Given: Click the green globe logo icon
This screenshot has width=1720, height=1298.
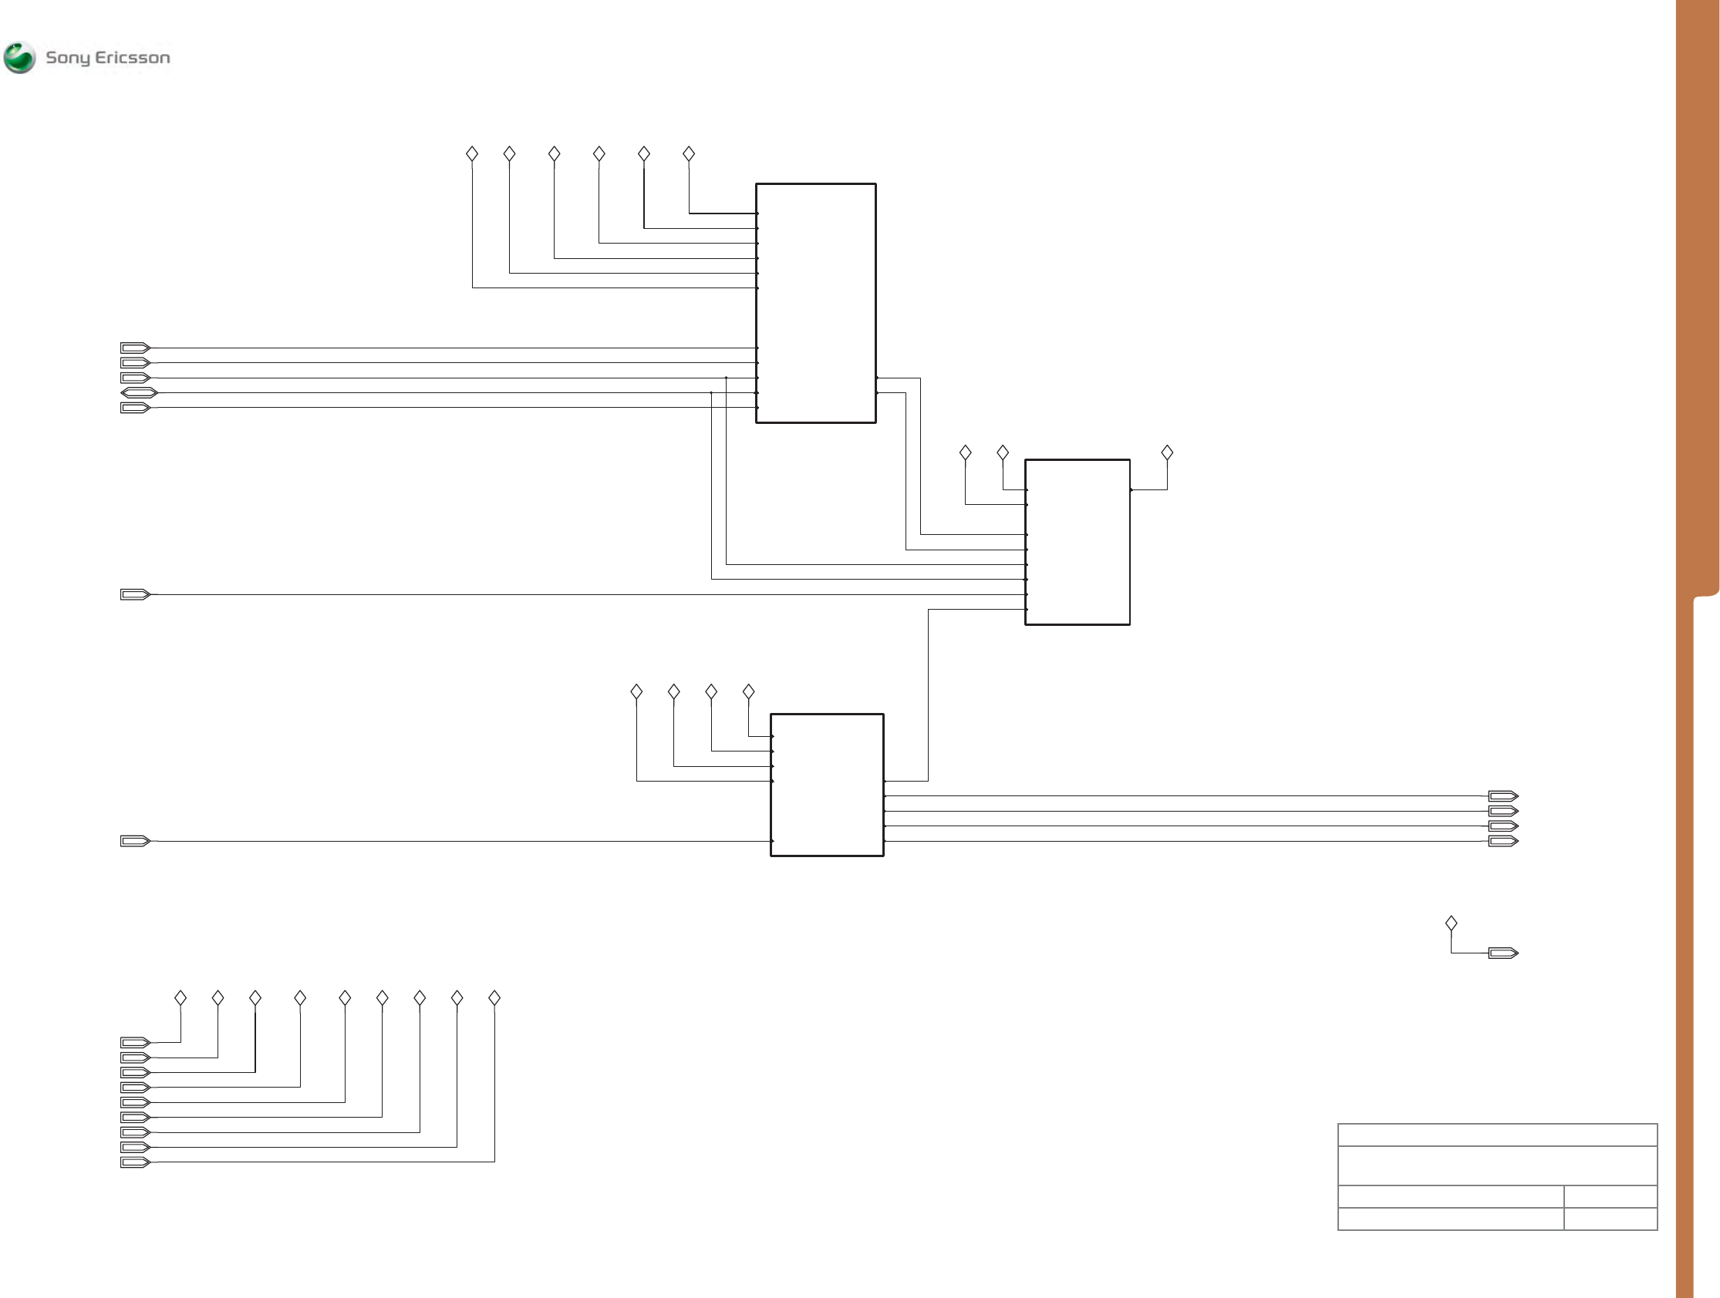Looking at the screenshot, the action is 19,58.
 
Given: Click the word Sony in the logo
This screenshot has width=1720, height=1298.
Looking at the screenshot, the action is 68,58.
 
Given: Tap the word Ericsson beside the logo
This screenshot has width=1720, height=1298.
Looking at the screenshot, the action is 132,58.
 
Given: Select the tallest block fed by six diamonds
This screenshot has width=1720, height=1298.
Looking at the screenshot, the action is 816,303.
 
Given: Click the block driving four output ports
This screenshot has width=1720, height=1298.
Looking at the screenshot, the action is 827,784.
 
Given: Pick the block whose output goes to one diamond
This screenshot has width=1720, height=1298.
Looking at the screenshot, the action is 1077,542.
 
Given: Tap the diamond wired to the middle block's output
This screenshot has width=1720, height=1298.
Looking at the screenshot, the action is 1166,452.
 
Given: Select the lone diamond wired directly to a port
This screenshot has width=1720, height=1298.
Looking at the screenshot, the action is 1451,923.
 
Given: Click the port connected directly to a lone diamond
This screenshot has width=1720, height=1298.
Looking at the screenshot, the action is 1502,953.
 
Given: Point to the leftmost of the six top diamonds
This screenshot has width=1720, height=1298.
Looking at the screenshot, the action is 472,154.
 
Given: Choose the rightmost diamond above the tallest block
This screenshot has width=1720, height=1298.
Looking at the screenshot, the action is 689,154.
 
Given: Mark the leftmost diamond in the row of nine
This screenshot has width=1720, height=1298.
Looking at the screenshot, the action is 180,998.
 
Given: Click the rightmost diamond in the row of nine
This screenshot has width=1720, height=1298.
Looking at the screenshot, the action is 494,998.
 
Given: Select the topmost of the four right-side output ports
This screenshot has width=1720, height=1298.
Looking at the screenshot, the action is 1502,796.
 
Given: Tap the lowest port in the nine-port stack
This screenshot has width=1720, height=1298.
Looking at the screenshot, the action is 134,1163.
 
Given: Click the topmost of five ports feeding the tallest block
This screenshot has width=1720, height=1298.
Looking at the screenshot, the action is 134,348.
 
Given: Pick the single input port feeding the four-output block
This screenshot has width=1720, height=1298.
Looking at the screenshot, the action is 134,841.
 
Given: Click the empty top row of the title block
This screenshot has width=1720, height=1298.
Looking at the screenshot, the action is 1497,1135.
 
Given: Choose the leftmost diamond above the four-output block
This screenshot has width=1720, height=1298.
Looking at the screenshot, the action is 636,691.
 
